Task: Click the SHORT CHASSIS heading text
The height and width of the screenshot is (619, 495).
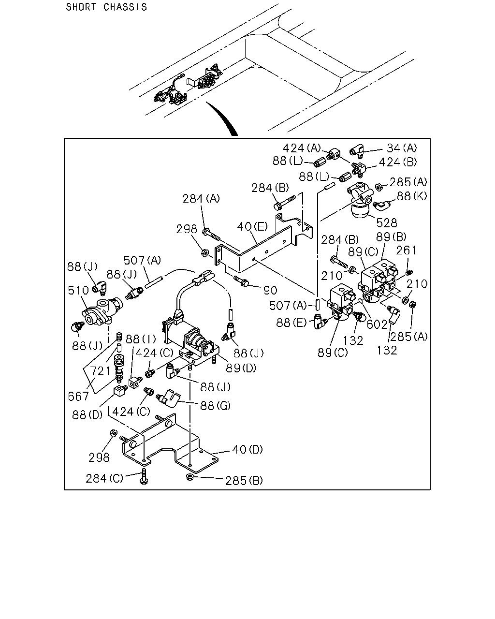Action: (106, 7)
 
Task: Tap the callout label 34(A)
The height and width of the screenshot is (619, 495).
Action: (402, 148)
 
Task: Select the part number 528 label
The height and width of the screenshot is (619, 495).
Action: (387, 223)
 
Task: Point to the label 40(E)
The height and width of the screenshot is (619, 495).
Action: (252, 227)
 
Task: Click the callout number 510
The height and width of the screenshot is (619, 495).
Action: (78, 290)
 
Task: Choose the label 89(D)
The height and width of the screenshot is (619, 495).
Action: (241, 368)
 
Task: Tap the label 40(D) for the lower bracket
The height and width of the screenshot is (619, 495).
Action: (247, 449)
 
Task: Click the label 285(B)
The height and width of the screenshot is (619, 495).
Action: (244, 480)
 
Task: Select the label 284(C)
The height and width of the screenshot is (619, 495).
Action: (104, 478)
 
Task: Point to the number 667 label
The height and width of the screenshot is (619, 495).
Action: (78, 397)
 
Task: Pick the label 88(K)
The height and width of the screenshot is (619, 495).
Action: (412, 196)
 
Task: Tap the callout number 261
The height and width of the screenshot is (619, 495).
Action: (406, 251)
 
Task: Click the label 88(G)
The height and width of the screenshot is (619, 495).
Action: (216, 406)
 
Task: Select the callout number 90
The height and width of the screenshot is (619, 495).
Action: (270, 291)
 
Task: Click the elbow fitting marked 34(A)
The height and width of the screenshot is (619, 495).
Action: (357, 151)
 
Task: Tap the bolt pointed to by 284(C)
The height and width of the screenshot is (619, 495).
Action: (144, 477)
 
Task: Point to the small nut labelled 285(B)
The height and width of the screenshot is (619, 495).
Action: (189, 477)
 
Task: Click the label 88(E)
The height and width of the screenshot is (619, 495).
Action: (291, 323)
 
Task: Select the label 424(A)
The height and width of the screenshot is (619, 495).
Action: (302, 148)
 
